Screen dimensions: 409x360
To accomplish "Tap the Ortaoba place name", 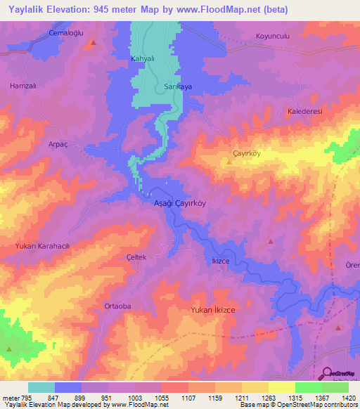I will coord(117,306).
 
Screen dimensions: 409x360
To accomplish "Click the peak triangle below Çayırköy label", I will coord(229,162).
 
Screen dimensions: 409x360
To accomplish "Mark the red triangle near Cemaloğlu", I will coord(93,43).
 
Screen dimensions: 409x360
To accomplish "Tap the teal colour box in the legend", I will coord(41,387).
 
